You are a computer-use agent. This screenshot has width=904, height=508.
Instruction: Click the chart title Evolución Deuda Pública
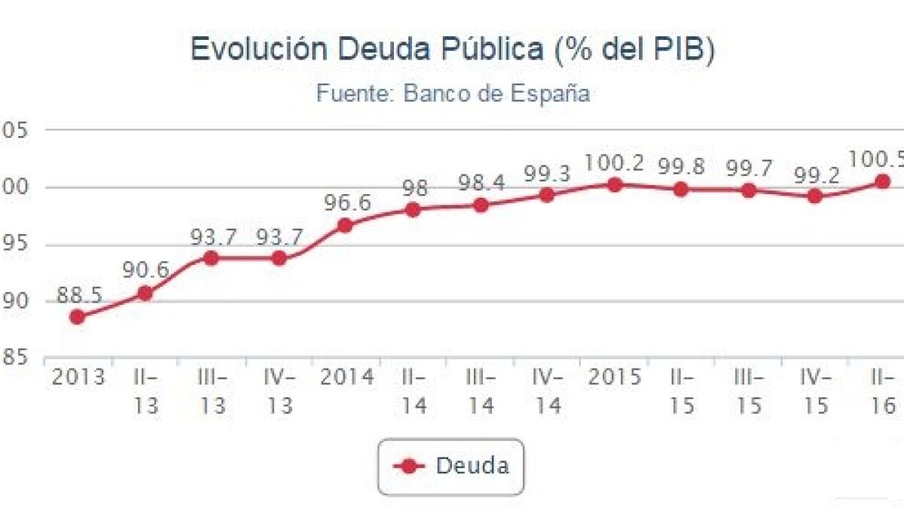[x=452, y=50]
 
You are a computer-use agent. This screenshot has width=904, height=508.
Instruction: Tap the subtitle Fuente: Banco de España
[x=452, y=93]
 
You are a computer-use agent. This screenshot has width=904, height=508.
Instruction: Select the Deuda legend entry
[x=450, y=466]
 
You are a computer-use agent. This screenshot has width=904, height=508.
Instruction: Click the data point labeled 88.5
[x=77, y=317]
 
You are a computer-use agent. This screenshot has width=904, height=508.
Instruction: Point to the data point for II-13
[x=145, y=293]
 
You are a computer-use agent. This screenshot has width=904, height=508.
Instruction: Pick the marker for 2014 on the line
[x=345, y=225]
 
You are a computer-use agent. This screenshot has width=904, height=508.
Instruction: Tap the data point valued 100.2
[x=615, y=184]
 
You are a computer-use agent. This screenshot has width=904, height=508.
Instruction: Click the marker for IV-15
[x=814, y=196]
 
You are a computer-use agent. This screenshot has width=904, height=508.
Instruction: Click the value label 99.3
[x=548, y=174]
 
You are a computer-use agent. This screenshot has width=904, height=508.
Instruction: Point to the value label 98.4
[x=481, y=184]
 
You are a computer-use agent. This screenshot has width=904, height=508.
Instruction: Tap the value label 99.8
[x=681, y=167]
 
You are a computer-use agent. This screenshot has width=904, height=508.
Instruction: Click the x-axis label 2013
[x=78, y=376]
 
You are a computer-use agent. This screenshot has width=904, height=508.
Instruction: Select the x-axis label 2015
[x=615, y=376]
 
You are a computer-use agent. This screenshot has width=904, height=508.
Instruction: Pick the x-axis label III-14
[x=481, y=391]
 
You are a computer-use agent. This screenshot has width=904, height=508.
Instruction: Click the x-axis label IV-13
[x=279, y=391]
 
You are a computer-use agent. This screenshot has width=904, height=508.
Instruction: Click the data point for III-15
[x=748, y=190]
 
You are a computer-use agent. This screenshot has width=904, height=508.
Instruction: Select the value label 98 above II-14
[x=414, y=188]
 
